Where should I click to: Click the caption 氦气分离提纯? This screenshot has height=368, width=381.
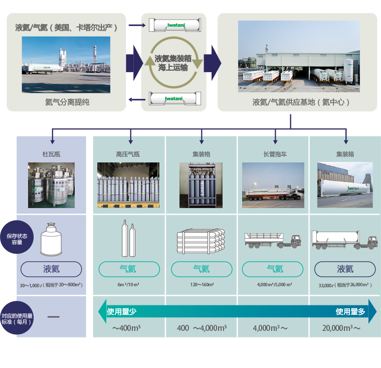tap(67, 102)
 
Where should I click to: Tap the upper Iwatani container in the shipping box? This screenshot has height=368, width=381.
tap(175, 25)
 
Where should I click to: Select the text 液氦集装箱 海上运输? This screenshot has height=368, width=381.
tap(173, 63)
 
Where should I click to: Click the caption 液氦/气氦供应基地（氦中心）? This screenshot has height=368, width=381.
tap(301, 102)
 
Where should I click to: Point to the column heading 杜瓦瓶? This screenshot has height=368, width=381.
tap(51, 154)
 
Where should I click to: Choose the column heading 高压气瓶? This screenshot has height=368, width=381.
tap(128, 154)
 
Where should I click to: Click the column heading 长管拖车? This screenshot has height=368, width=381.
tap(275, 154)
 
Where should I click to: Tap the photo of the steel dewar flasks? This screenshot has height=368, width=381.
tap(51, 185)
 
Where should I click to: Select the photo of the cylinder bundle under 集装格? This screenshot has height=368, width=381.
tap(201, 185)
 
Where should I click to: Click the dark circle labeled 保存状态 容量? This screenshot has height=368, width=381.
tap(17, 237)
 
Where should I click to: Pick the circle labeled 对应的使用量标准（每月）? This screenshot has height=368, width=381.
tap(17, 318)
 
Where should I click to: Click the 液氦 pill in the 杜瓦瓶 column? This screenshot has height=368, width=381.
tap(51, 269)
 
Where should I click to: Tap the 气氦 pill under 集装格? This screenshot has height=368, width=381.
tap(202, 269)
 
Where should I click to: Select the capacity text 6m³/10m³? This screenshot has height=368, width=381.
tap(128, 284)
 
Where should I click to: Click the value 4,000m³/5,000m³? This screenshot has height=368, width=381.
tap(275, 284)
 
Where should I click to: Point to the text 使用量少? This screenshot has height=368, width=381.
tap(122, 311)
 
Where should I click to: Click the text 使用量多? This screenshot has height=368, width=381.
tap(350, 311)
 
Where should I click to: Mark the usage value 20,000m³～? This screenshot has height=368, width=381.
tap(341, 328)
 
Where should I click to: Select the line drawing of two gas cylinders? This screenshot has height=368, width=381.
tap(128, 238)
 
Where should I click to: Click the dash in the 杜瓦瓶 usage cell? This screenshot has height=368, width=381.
tap(54, 317)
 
